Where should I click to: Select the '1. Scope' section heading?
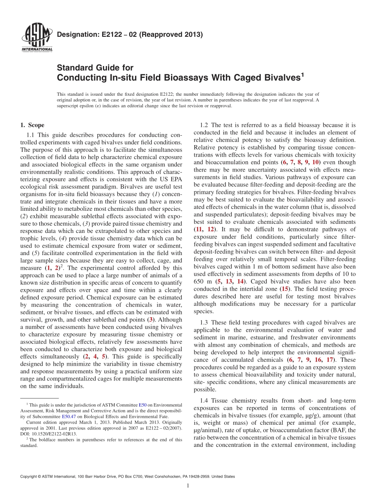pyautogui.click(x=32, y=125)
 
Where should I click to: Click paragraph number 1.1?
pyautogui.click(x=32, y=135)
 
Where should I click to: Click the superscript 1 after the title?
pyautogui.click(x=302, y=74)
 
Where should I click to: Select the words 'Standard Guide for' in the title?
pyautogui.click(x=95, y=68)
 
